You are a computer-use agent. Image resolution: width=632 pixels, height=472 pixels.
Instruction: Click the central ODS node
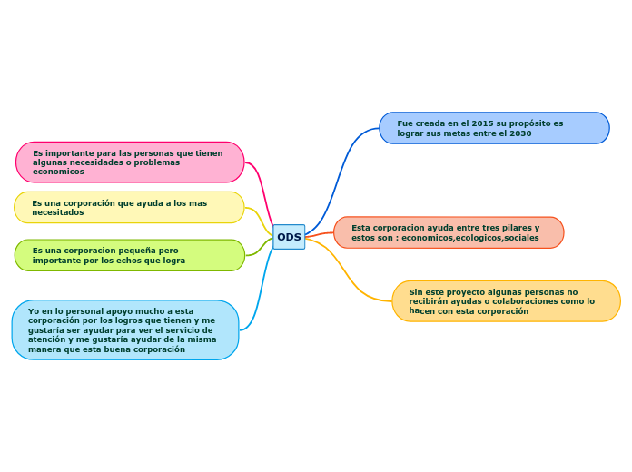(289, 237)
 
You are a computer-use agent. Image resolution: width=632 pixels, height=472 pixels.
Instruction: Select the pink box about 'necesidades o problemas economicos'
(130, 162)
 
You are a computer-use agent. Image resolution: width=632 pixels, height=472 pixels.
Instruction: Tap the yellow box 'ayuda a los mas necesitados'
(129, 208)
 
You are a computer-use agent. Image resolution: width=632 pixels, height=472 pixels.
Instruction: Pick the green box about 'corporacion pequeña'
(130, 255)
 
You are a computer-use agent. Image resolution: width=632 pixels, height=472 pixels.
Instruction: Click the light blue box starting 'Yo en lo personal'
(125, 330)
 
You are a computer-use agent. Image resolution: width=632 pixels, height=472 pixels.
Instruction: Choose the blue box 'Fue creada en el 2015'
(494, 128)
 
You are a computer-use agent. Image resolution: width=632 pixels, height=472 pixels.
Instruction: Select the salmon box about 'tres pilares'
(449, 232)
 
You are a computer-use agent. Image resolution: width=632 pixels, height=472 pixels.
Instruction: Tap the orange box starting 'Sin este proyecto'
(506, 301)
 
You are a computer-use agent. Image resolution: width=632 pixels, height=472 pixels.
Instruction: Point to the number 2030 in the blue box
(520, 133)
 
